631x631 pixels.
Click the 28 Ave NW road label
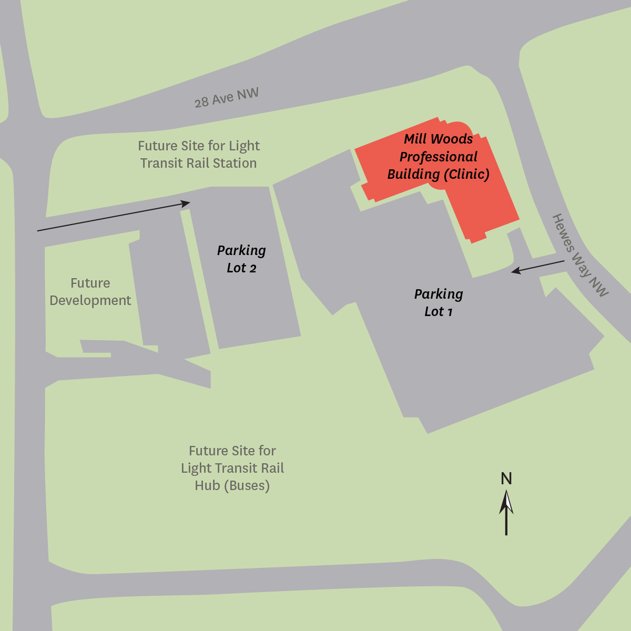226,98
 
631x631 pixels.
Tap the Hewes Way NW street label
580,255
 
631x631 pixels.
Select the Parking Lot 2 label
241,259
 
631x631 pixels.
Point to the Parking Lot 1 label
439,302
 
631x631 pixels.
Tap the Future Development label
90,292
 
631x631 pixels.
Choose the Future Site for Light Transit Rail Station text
199,154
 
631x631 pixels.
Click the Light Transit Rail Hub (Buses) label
232,468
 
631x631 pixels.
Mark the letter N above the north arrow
506,479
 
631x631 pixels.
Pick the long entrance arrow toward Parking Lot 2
113,216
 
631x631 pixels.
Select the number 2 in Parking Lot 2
253,268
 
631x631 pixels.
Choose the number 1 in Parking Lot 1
450,312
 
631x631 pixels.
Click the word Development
90,300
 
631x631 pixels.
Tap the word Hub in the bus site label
207,485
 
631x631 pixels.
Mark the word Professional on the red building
439,157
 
